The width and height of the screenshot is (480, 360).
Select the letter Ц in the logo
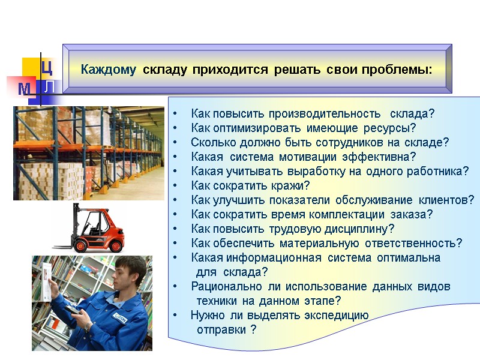point(48,67)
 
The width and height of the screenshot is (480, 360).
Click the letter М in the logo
point(25,89)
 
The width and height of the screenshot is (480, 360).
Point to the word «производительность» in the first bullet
point(325,114)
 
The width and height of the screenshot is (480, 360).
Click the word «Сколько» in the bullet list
point(210,143)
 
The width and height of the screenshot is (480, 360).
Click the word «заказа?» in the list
point(414,214)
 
